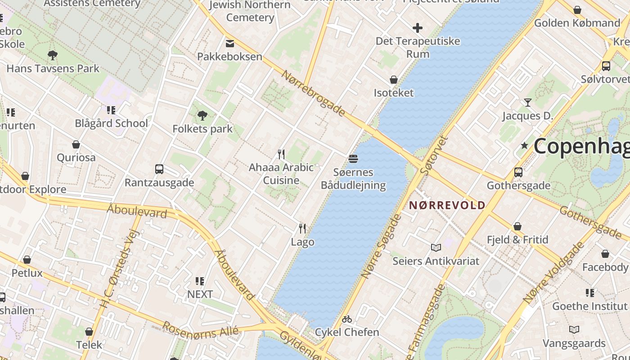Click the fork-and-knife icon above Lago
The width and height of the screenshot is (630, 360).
(x=302, y=229)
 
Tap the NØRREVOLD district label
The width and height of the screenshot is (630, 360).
(x=447, y=205)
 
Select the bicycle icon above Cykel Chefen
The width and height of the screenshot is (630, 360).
(x=346, y=319)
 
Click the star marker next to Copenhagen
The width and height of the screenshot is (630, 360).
(x=524, y=145)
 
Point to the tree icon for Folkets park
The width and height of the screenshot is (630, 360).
(x=202, y=116)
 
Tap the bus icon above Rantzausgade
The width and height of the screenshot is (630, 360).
(x=159, y=169)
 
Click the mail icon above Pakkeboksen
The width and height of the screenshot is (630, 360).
(x=229, y=43)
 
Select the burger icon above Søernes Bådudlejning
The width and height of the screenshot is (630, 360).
(x=353, y=158)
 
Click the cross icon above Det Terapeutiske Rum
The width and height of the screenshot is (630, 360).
(x=418, y=28)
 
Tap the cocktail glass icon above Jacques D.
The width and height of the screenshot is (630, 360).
(x=527, y=103)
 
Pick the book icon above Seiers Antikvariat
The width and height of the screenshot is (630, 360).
(x=436, y=247)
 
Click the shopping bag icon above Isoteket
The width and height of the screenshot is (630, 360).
(x=394, y=80)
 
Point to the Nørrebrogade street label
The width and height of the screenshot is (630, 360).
(x=314, y=93)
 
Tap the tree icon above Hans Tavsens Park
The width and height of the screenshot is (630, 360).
(x=53, y=55)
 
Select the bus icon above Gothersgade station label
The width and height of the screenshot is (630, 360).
(x=518, y=172)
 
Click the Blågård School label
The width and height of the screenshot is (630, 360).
(x=111, y=123)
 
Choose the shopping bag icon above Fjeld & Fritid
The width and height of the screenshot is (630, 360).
(x=517, y=226)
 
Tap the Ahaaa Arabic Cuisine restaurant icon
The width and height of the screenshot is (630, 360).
(x=281, y=154)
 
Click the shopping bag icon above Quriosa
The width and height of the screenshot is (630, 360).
(x=76, y=144)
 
